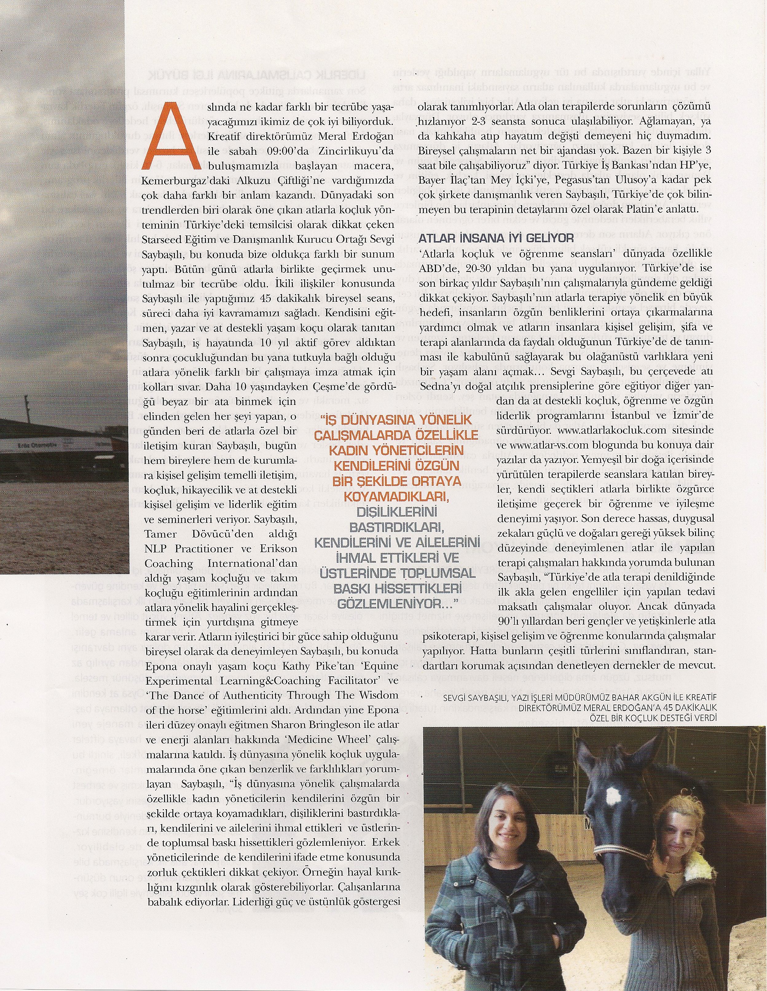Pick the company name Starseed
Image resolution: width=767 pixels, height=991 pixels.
point(161,237)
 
